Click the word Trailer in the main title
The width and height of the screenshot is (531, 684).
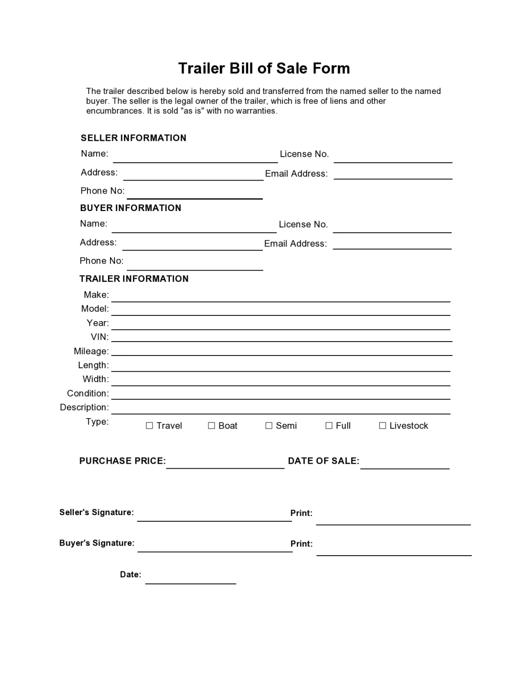pos(201,68)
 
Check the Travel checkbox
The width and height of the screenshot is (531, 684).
pos(149,426)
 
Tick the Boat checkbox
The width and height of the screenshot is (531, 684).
pos(212,426)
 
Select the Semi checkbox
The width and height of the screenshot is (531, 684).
pos(269,426)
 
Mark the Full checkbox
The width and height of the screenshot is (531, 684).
pos(329,426)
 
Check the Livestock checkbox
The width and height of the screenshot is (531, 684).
pos(383,426)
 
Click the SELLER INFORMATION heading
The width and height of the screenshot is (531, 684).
pos(133,138)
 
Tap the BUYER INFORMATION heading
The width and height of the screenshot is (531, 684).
pos(131,208)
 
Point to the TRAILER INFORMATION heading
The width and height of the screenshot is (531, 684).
pos(134,279)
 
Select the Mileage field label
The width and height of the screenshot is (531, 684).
pos(91,351)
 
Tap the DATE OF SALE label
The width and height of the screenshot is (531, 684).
pos(323,461)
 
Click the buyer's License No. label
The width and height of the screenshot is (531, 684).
pos(303,225)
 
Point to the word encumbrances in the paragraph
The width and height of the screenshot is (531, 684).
pos(114,111)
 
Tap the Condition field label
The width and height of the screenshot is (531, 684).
pos(87,393)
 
